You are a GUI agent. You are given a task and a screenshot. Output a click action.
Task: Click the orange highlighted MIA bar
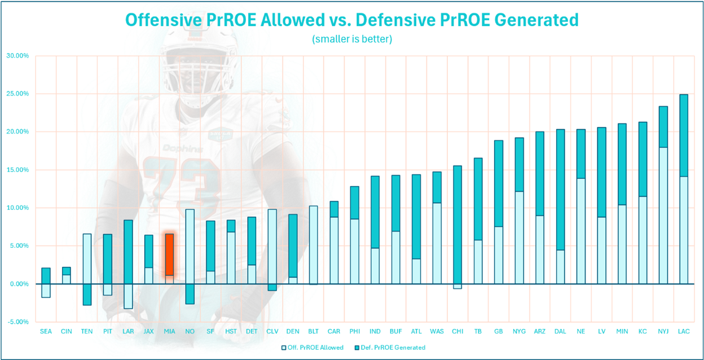tap(169, 254)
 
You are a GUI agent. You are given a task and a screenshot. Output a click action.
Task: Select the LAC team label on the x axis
tap(683, 331)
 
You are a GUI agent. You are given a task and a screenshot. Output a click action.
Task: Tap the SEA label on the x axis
tap(46, 331)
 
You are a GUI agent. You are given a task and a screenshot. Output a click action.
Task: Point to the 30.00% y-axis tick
tap(17, 56)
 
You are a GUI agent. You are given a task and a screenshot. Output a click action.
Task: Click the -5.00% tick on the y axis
tap(17, 322)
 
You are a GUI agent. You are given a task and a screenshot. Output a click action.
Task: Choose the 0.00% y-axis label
tap(19, 284)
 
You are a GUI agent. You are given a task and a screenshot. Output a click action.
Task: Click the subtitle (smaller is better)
tap(352, 39)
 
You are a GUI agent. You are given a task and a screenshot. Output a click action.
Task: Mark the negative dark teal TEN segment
tap(87, 294)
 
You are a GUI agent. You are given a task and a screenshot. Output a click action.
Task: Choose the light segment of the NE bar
tap(580, 231)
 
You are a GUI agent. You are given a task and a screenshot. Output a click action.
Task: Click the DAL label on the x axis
tap(560, 331)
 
